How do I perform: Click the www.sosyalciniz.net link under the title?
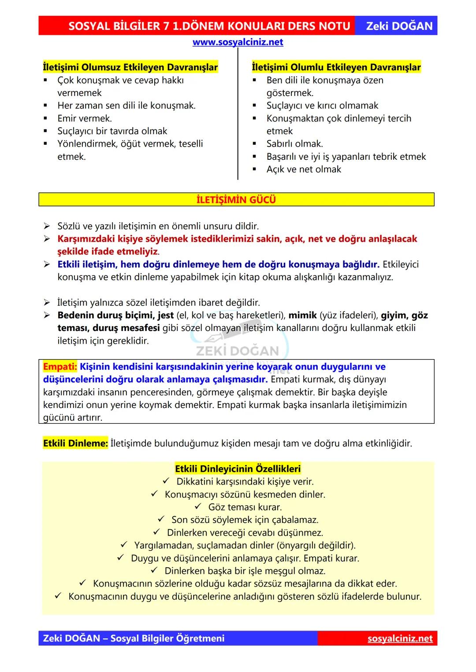pyautogui.click(x=238, y=42)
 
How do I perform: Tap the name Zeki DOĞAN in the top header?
pyautogui.click(x=399, y=26)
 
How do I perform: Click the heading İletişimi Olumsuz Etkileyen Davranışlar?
pyautogui.click(x=130, y=67)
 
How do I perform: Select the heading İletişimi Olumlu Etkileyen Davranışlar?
pyautogui.click(x=336, y=67)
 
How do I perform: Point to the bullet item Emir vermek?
pyautogui.click(x=85, y=118)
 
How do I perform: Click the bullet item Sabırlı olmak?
pyautogui.click(x=294, y=144)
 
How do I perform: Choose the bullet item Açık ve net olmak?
pyautogui.click(x=304, y=169)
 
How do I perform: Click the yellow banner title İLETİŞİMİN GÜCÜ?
pyautogui.click(x=236, y=200)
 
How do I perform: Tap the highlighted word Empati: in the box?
pyautogui.click(x=60, y=367)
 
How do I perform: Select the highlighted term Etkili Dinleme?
pyautogui.click(x=75, y=443)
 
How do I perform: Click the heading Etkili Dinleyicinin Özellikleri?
pyautogui.click(x=238, y=469)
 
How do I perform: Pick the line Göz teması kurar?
pyautogui.click(x=245, y=507)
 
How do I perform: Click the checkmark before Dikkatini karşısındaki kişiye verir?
pyautogui.click(x=167, y=481)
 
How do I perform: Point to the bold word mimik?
pyautogui.click(x=302, y=315)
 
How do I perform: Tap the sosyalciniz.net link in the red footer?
pyautogui.click(x=400, y=638)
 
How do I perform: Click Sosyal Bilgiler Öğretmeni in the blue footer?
pyautogui.click(x=167, y=638)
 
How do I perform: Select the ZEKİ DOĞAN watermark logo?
pyautogui.click(x=238, y=348)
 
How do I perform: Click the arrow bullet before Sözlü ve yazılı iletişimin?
pyautogui.click(x=47, y=226)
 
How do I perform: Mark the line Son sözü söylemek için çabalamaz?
pyautogui.click(x=245, y=520)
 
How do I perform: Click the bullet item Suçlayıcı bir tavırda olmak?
pyautogui.click(x=112, y=131)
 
